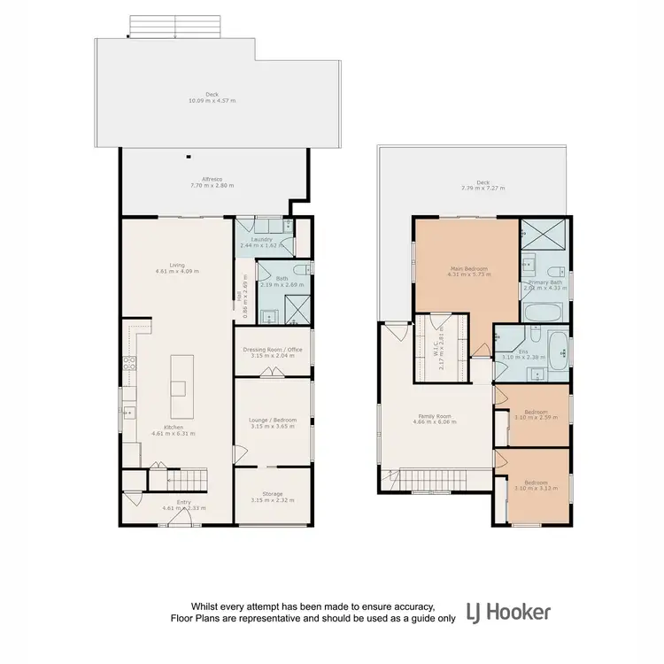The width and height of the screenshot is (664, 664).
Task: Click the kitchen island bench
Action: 180,375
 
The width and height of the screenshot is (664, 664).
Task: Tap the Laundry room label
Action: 260,239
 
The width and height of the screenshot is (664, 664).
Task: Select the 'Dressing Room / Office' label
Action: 273,350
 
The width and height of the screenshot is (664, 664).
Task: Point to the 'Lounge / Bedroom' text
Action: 273,420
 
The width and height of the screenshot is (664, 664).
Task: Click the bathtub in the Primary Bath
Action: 544,312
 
